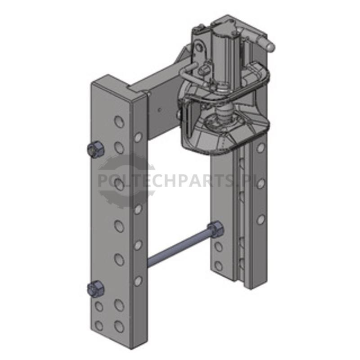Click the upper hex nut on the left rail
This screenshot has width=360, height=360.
tap(96, 149)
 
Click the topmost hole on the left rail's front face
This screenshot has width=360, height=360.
tap(119, 121)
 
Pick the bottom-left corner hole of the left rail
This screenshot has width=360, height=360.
tap(99, 326)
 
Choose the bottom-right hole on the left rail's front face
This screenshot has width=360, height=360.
tap(119, 326)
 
